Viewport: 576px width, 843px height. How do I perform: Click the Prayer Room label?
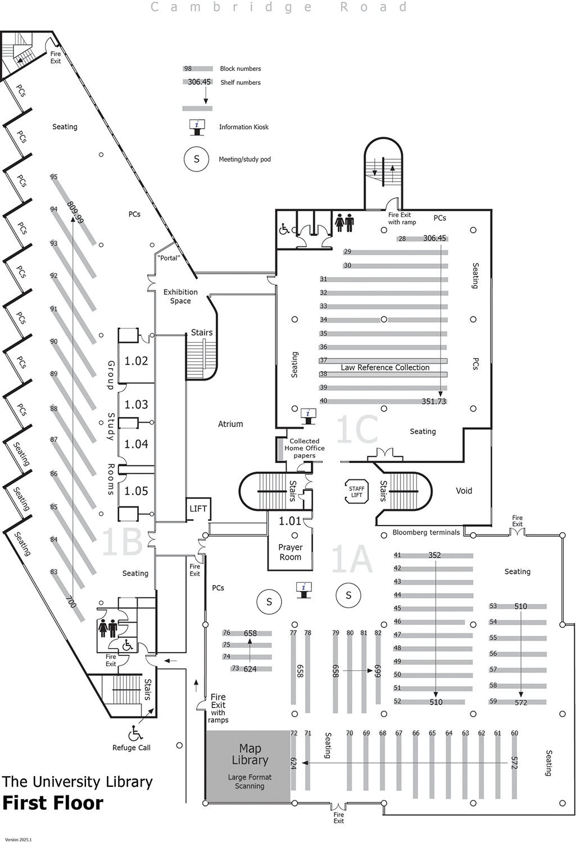[290, 552]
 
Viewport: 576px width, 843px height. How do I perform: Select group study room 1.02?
[136, 361]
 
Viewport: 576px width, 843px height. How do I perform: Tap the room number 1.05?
[136, 491]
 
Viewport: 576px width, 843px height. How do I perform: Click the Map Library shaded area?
[250, 765]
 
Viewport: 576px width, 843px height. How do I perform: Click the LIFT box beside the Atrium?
[198, 509]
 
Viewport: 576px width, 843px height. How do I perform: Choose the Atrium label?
[230, 424]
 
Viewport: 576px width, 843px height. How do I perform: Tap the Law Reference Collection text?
[385, 368]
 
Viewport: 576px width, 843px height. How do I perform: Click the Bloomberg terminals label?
[426, 532]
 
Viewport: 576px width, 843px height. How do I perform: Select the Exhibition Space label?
[180, 296]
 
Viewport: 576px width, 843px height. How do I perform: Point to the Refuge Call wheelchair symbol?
[135, 733]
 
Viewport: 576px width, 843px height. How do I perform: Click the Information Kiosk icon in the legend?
[197, 127]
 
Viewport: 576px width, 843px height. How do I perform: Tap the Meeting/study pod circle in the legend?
[197, 159]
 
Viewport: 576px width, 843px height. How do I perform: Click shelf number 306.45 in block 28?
[434, 238]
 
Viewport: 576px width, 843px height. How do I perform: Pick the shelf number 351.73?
[434, 401]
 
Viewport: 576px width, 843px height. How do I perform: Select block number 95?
[54, 177]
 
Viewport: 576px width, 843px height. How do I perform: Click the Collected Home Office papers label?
[305, 448]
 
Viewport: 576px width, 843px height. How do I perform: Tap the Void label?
[464, 491]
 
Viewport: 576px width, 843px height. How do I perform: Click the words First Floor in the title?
[53, 803]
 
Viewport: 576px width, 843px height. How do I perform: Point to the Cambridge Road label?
[279, 7]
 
